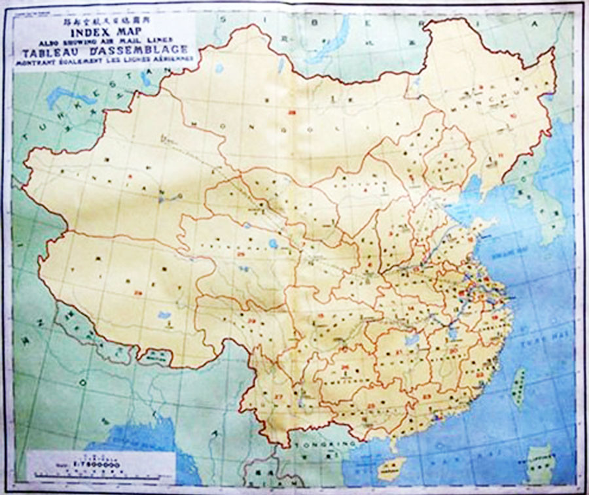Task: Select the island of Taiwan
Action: pyautogui.click(x=519, y=386)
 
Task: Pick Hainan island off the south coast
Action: pyautogui.click(x=391, y=467)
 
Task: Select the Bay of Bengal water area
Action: pyautogui.click(x=144, y=451)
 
